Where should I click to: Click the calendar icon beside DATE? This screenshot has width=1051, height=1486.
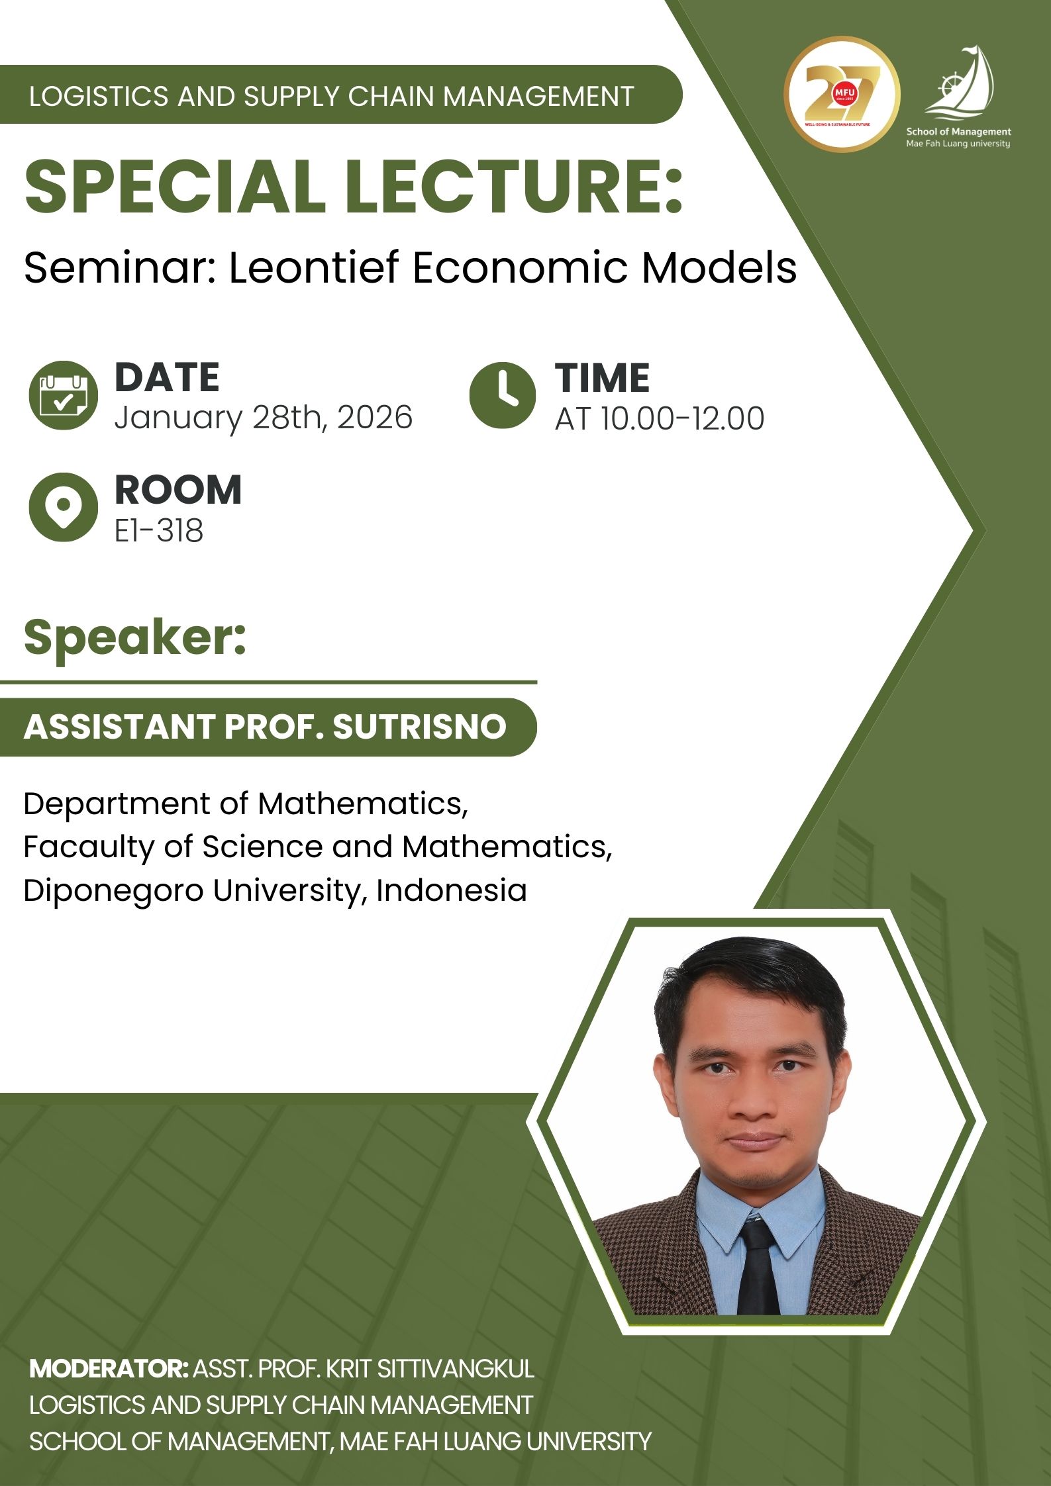point(63,395)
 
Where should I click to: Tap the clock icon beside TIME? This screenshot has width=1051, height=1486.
point(502,395)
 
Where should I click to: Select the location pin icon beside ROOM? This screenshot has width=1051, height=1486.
point(63,507)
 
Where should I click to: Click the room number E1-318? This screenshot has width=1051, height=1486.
point(158,531)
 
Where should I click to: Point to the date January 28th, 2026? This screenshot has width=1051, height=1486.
point(263,418)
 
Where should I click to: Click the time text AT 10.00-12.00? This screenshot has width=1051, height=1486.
point(659,418)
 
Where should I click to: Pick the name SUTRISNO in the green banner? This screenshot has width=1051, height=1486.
point(419,727)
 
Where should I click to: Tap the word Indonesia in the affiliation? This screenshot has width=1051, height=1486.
point(451,890)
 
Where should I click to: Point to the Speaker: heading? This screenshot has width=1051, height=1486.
point(135,637)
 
